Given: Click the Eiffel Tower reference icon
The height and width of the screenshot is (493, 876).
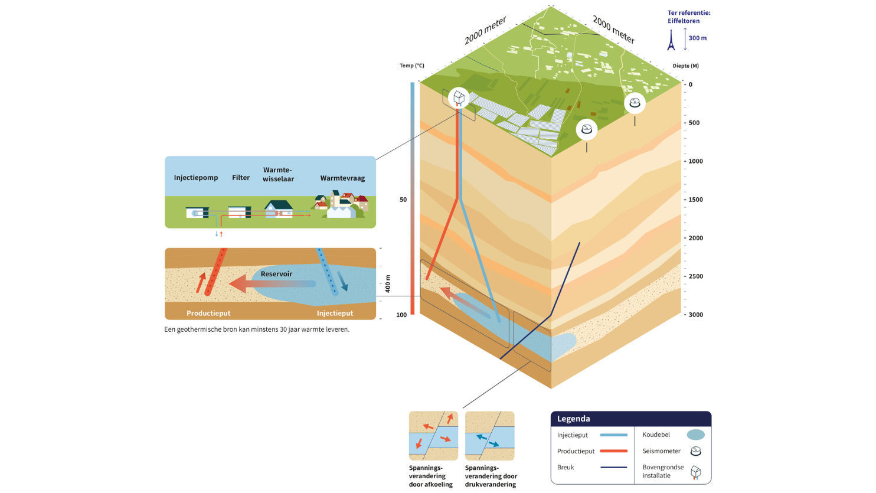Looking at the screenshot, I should (671, 40).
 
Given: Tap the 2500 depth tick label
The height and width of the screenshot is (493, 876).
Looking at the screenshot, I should (695, 276).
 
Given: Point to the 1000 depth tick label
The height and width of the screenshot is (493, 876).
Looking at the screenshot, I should (695, 161).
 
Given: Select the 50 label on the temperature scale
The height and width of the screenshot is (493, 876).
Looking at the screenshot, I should (403, 200).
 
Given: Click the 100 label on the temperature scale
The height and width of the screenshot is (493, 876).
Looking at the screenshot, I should (401, 315).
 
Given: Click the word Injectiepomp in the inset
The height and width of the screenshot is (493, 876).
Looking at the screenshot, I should (196, 178).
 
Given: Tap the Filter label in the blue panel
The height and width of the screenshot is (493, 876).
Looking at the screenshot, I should (241, 178).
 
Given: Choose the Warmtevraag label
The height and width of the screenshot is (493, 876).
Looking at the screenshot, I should (342, 178).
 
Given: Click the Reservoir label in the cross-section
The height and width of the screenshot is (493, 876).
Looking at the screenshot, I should (276, 274).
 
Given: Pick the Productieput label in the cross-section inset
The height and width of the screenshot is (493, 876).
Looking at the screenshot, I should (208, 314).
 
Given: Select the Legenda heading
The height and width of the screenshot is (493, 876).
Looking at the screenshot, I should (574, 419).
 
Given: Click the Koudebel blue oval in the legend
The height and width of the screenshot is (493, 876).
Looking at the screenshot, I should (696, 435).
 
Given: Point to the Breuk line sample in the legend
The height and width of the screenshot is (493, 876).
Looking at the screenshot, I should (613, 468).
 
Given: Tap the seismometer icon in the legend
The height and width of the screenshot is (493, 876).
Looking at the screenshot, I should (696, 452).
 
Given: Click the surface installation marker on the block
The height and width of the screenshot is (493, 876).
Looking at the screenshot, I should (459, 97).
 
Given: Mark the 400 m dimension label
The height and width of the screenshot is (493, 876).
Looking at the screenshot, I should (388, 284).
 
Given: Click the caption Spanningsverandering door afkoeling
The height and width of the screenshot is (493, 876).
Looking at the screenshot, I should (431, 476).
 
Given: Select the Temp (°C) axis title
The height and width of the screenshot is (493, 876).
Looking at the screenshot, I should (412, 66).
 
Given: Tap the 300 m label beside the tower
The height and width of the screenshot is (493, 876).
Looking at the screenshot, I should (697, 38).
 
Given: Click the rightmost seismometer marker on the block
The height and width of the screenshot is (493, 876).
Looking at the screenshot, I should (635, 103).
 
